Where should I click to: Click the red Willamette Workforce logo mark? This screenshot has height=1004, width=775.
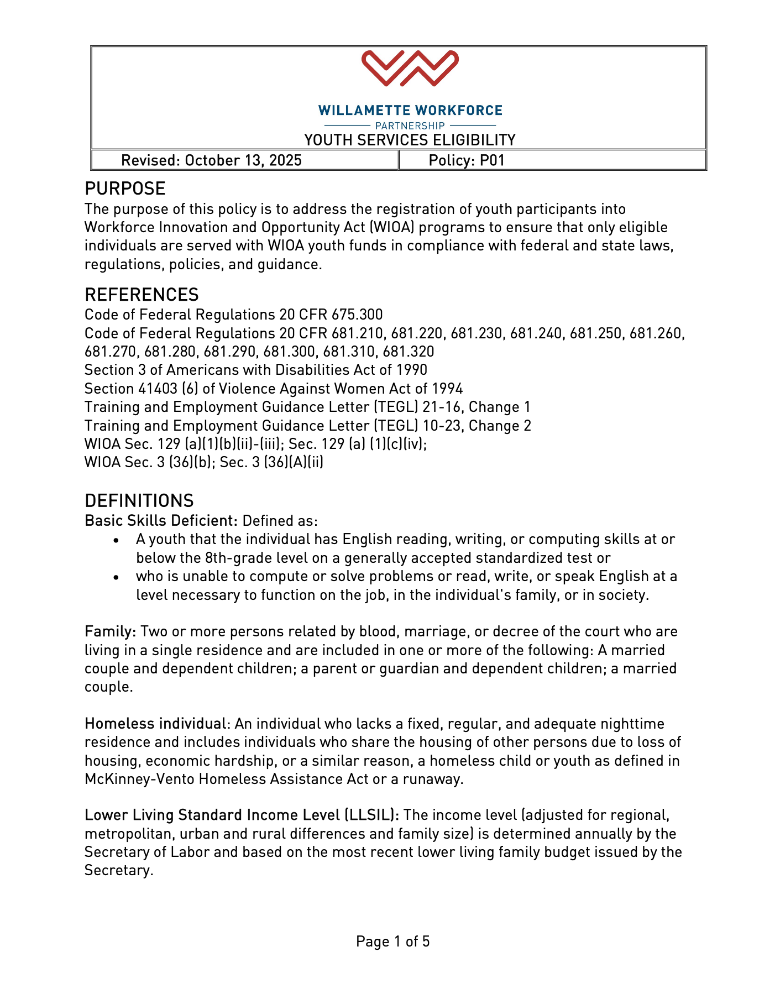(x=410, y=68)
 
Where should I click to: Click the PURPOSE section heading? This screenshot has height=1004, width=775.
(x=125, y=189)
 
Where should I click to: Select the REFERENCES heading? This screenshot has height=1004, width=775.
(x=142, y=294)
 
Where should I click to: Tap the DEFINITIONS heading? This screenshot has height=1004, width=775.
(x=139, y=501)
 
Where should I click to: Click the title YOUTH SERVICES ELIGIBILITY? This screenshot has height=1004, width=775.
(x=410, y=140)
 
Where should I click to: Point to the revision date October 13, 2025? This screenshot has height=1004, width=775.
(x=243, y=160)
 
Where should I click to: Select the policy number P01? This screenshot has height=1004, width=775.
(x=492, y=160)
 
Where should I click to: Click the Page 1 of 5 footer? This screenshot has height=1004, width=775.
(x=392, y=941)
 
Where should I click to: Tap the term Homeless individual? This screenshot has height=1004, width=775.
(x=155, y=724)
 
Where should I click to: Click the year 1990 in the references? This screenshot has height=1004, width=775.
(x=411, y=370)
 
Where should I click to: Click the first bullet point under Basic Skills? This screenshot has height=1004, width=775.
(x=116, y=540)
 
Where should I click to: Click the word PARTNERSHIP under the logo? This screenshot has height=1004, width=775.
(x=410, y=126)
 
